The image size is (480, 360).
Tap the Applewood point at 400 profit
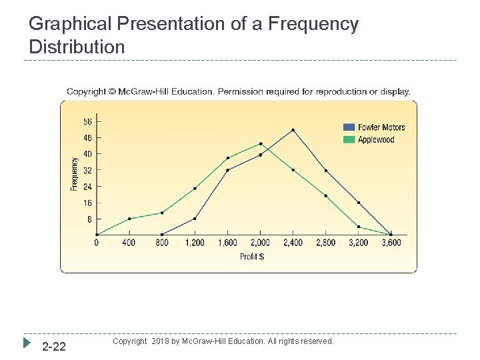pos(129,219)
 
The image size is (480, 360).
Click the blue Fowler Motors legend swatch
pos(349,127)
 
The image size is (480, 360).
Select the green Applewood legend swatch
pos(349,139)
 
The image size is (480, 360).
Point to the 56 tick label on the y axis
pos(87,122)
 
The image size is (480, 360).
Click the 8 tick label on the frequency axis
pos(89,219)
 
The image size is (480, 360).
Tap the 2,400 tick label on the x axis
pos(293,243)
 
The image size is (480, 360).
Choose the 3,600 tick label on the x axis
pos(391,243)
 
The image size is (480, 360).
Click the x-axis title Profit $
pos(252,257)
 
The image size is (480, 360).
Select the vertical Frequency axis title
pos(74,174)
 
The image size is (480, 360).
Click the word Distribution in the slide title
pos(77,47)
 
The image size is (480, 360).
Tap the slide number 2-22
pos(54,347)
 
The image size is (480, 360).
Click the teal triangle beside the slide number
pos(27,343)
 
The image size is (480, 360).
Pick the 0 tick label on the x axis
pos(97,243)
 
